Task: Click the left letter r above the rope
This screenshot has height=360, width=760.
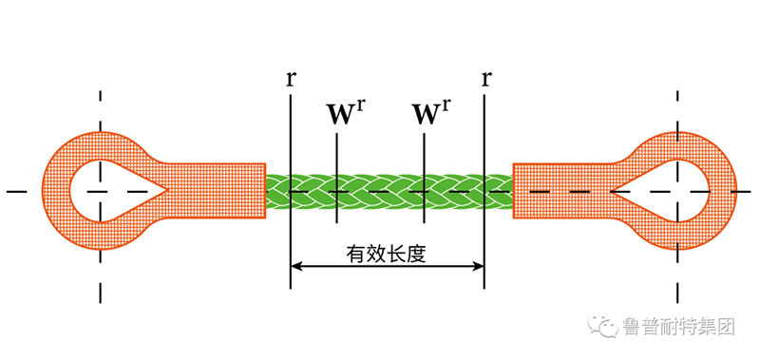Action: pyautogui.click(x=289, y=77)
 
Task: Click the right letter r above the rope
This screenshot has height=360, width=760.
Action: pyautogui.click(x=485, y=77)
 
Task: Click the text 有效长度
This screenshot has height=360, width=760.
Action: pyautogui.click(x=387, y=254)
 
